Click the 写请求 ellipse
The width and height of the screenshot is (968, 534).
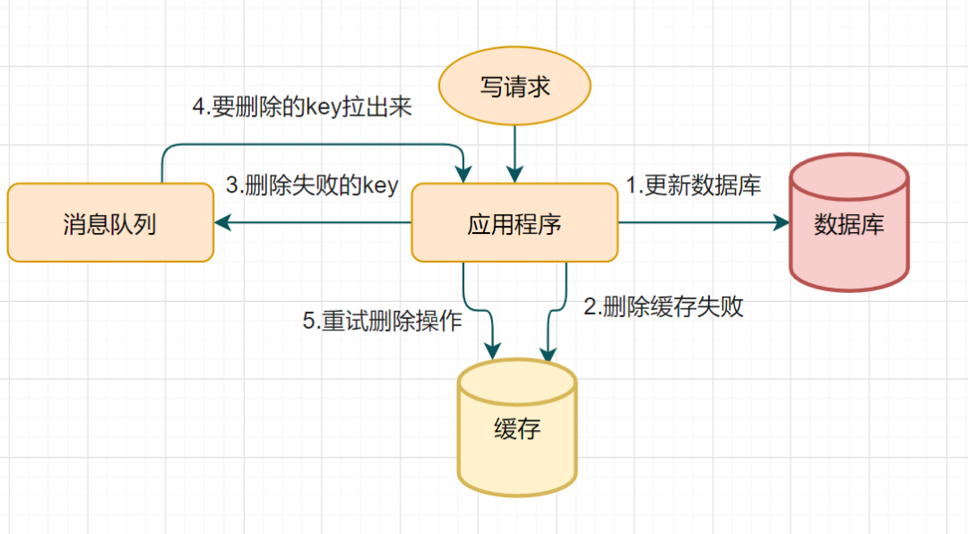[514, 87]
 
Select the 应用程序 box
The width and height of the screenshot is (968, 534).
[514, 223]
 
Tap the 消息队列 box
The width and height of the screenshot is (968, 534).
[110, 223]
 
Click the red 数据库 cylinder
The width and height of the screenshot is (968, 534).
[849, 223]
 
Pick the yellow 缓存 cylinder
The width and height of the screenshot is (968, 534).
[517, 429]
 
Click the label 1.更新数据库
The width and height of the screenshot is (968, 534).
[693, 185]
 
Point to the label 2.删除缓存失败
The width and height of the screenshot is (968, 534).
[664, 307]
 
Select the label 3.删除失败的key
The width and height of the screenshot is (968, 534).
[311, 185]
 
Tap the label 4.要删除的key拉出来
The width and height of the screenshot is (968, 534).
[302, 106]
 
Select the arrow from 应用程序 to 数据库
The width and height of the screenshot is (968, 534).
[699, 223]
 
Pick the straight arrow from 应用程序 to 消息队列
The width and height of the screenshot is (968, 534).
[314, 223]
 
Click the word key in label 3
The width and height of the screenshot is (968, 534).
[379, 186]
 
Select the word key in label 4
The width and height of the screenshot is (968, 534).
[324, 107]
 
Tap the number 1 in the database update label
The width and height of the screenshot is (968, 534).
[631, 185]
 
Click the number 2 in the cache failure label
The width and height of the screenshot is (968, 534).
[590, 307]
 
